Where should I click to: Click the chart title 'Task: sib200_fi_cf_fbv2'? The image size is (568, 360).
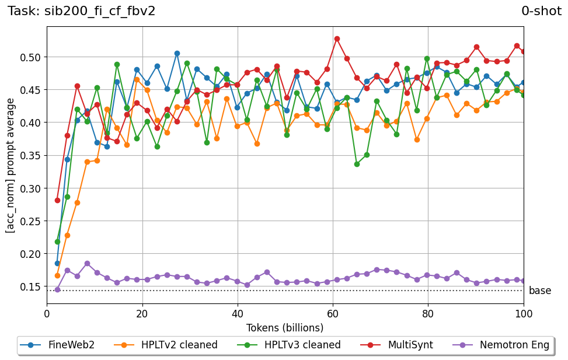pyautogui.click(x=82, y=11)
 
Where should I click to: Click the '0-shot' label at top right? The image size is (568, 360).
pyautogui.click(x=541, y=11)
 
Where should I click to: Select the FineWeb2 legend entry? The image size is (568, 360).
pyautogui.click(x=57, y=345)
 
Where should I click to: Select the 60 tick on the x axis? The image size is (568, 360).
pyautogui.click(x=333, y=313)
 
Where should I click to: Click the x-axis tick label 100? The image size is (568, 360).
pyautogui.click(x=524, y=313)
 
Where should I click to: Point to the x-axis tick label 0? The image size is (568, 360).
pyautogui.click(x=47, y=313)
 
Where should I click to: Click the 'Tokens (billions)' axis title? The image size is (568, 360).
pyautogui.click(x=285, y=327)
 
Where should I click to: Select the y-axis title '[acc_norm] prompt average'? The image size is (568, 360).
pyautogui.click(x=11, y=165)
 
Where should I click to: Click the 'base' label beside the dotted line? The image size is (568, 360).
pyautogui.click(x=539, y=291)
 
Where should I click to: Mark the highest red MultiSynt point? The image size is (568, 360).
pyautogui.click(x=337, y=39)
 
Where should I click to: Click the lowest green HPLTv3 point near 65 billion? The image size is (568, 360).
pyautogui.click(x=357, y=164)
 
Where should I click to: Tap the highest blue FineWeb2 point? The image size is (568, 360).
pyautogui.click(x=177, y=53)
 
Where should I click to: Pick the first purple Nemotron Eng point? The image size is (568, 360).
pyautogui.click(x=57, y=289)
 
